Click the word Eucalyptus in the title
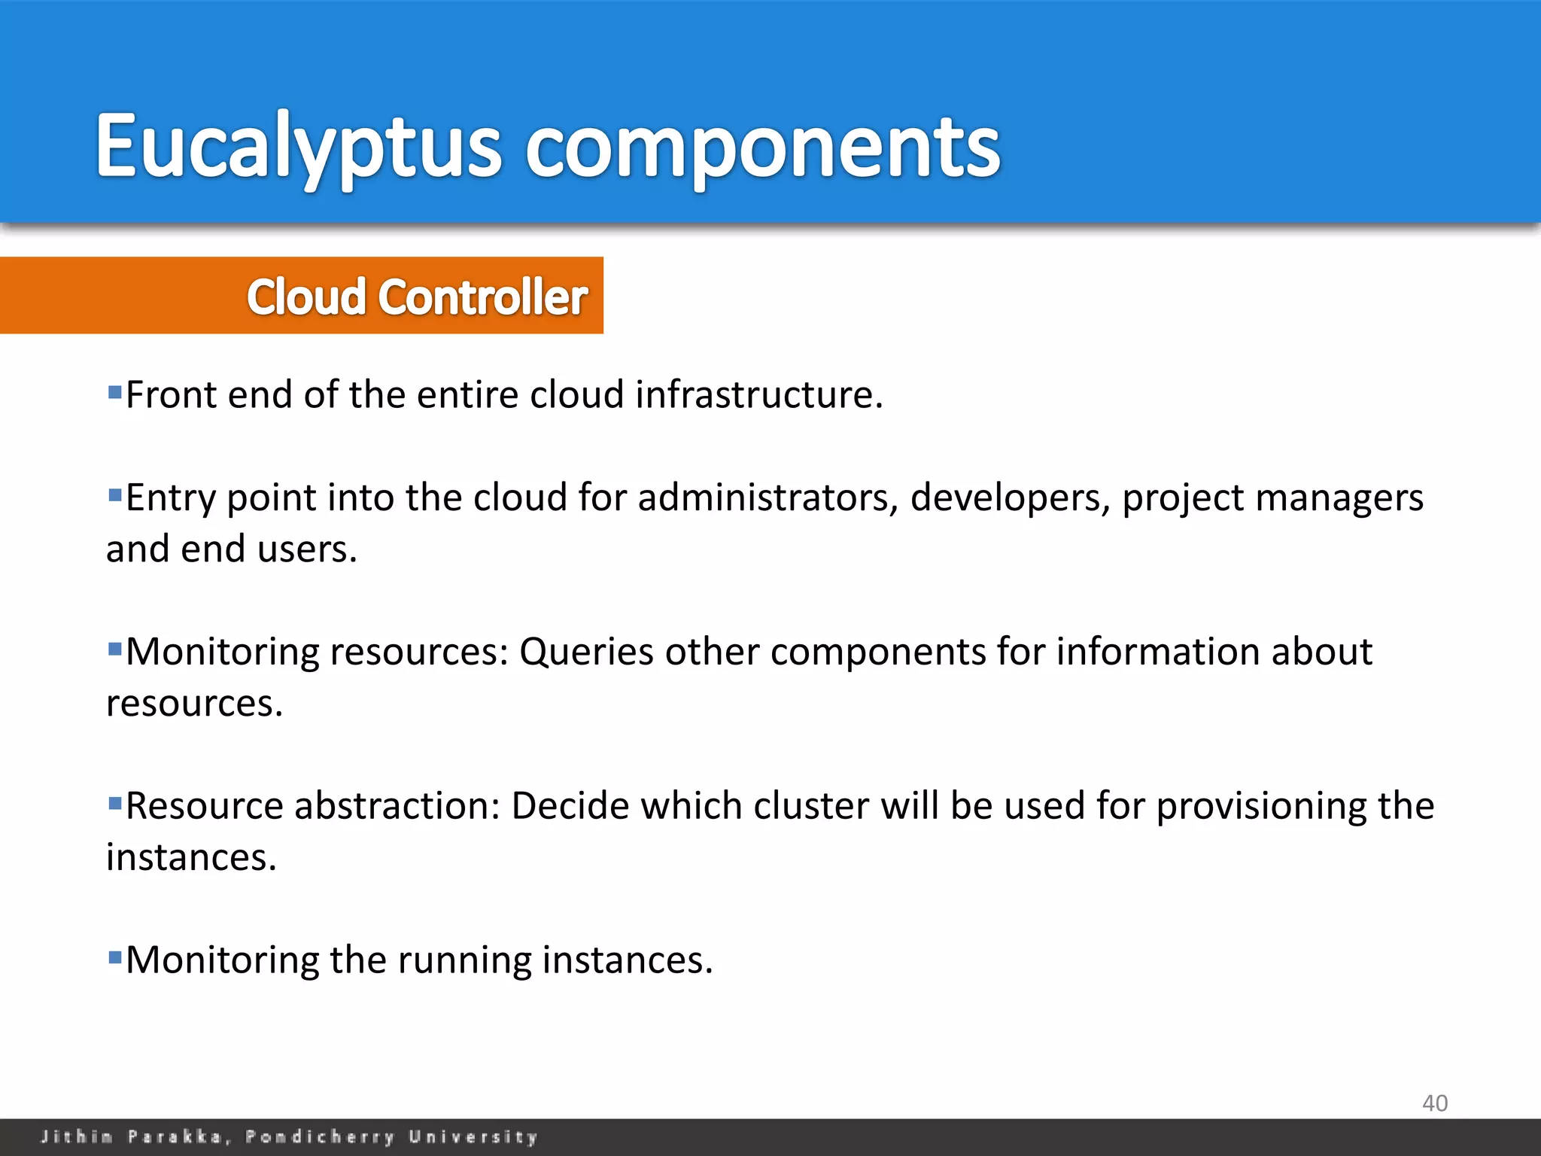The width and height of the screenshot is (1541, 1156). tap(298, 147)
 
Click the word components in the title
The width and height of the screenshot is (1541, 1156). tap(762, 147)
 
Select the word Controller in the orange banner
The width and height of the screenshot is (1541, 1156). tap(482, 297)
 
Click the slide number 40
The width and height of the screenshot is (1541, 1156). tap(1434, 1103)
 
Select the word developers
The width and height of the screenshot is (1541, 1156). tap(1010, 498)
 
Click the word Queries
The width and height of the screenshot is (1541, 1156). tap(586, 652)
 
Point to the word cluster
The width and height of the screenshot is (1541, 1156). tap(811, 806)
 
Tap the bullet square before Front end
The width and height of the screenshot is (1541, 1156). tap(115, 392)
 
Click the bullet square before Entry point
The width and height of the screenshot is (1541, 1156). tap(115, 495)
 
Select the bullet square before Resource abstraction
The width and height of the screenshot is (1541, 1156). tap(115, 804)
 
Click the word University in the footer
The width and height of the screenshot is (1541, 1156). tap(473, 1136)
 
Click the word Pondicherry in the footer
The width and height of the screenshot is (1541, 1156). tap(320, 1136)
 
